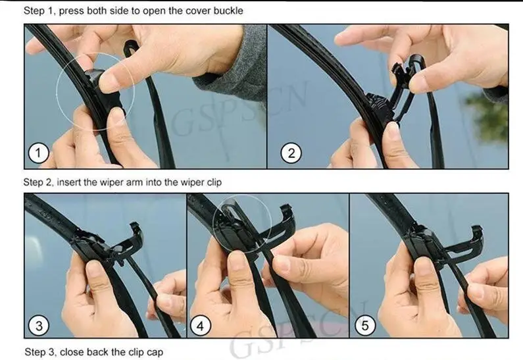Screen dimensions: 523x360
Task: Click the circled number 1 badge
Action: (x=38, y=153)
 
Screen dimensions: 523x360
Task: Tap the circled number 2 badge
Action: (x=291, y=153)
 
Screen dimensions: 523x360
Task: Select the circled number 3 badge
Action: (x=39, y=325)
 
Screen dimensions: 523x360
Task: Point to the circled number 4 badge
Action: (x=200, y=325)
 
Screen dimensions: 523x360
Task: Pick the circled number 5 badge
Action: (x=365, y=325)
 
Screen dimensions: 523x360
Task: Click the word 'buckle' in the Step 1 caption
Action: (x=228, y=11)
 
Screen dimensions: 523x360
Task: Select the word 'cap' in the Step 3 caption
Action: (x=155, y=353)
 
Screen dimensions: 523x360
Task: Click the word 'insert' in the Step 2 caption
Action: (x=69, y=182)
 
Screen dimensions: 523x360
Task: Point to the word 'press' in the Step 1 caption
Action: (x=72, y=11)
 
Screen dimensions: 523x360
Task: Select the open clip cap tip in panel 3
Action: (x=134, y=226)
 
